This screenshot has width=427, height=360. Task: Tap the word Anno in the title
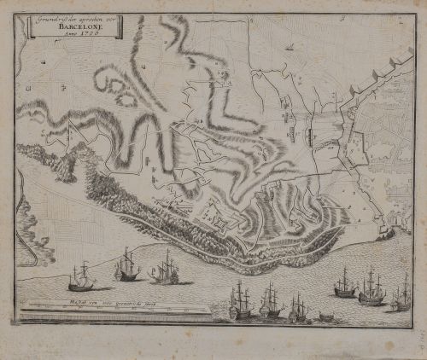click(65, 34)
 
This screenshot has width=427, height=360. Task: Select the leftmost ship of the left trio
click(83, 276)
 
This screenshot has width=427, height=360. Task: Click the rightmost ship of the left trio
click(165, 269)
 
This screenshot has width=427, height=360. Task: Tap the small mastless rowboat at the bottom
click(326, 317)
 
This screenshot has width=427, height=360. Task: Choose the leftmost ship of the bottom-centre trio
click(241, 303)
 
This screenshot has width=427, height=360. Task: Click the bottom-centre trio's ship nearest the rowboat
click(298, 308)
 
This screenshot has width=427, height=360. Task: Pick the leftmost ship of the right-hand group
click(345, 285)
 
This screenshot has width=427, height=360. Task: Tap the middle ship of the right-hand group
click(371, 290)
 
